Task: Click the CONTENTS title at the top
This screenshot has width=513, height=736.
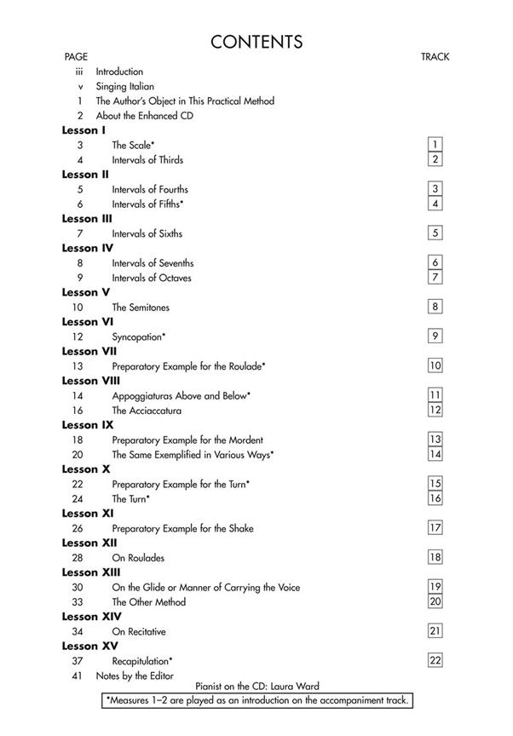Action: click(x=256, y=41)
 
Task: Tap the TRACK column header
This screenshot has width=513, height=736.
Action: click(x=435, y=57)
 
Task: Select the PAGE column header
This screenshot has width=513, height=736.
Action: click(x=76, y=57)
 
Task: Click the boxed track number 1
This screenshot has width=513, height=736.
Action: click(x=435, y=145)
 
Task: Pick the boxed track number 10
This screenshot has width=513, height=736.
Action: click(x=435, y=365)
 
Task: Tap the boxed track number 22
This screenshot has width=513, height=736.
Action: click(x=435, y=660)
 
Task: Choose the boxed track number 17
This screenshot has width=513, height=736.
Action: click(x=435, y=527)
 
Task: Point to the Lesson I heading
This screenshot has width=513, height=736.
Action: click(x=84, y=130)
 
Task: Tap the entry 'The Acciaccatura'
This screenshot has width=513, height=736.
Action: click(x=147, y=411)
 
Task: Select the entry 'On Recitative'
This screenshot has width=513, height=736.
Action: click(x=139, y=631)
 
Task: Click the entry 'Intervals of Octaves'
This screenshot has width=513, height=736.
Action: click(x=152, y=278)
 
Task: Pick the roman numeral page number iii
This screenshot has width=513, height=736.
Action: click(x=79, y=72)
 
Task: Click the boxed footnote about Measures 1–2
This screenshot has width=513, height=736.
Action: click(x=256, y=700)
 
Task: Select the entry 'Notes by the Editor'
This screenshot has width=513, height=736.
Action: click(x=134, y=676)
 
